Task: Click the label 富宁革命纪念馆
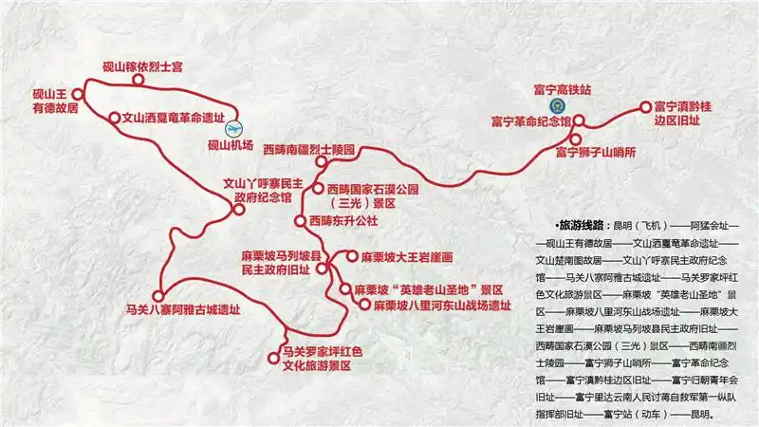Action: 530,121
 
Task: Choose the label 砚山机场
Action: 231,145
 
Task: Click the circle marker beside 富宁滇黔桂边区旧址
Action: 633,107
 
